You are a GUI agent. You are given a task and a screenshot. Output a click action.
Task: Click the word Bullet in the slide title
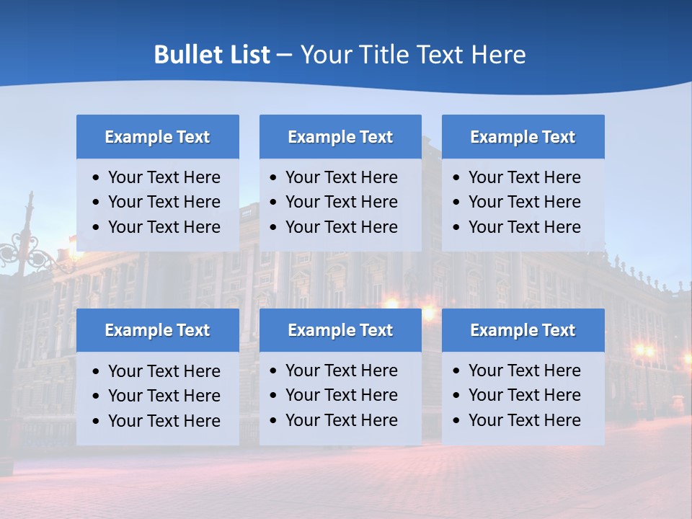tap(187, 55)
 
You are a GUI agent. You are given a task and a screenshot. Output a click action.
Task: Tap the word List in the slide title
tap(248, 55)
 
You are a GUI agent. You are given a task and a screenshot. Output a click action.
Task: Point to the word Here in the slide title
tap(498, 55)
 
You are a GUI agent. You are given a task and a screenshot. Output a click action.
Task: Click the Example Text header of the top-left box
tap(157, 137)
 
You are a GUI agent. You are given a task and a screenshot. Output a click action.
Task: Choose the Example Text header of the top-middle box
tap(340, 137)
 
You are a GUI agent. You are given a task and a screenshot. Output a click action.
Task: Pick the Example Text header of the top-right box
tap(523, 137)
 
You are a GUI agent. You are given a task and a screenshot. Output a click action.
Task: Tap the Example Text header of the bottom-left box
tap(157, 330)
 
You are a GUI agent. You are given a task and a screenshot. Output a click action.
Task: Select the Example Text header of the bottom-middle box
tap(340, 330)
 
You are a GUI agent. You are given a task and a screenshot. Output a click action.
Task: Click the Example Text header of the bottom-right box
tap(523, 330)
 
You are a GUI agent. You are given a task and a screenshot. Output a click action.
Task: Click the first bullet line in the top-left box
tap(164, 177)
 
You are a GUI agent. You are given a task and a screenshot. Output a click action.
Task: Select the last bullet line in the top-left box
tap(164, 227)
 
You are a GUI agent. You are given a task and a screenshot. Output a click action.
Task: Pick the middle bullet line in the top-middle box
tap(341, 202)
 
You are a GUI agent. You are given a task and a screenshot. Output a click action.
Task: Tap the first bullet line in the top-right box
tap(524, 177)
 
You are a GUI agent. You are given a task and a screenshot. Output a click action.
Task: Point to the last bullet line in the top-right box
tap(524, 227)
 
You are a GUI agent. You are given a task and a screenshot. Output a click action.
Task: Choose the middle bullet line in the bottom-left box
tap(164, 396)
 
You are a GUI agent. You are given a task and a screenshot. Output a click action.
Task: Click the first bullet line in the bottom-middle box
tap(341, 371)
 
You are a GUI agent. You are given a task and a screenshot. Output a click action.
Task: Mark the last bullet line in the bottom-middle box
tap(341, 420)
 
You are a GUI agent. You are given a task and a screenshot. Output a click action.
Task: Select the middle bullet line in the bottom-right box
tap(524, 395)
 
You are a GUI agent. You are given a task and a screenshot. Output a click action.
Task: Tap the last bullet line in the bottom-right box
tap(524, 420)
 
